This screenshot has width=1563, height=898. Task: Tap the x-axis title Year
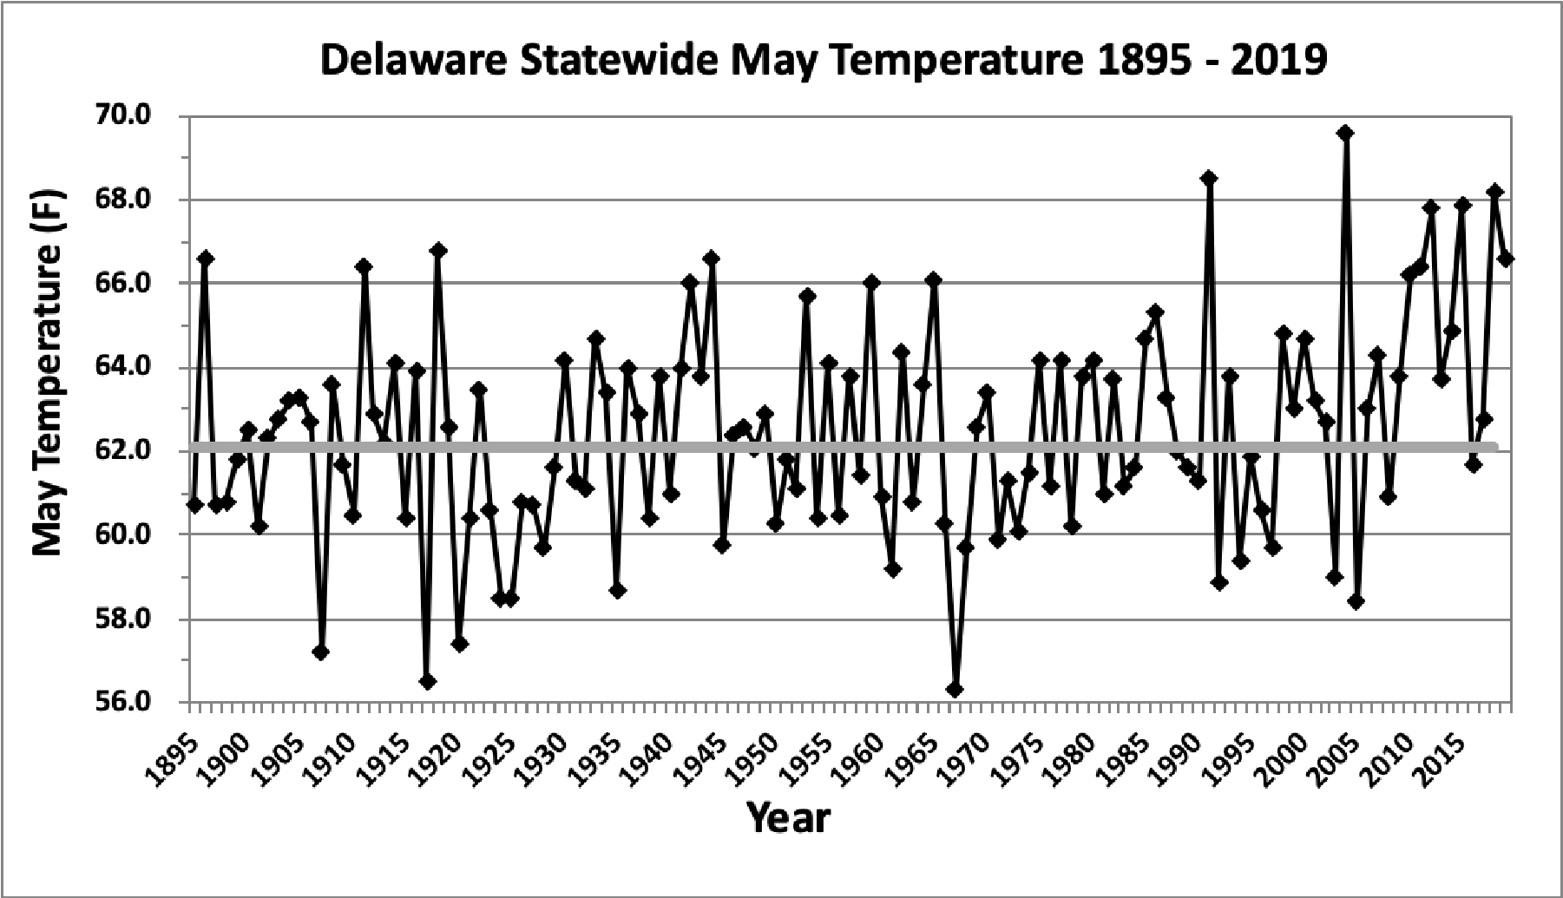tap(789, 817)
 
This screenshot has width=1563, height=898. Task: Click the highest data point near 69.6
tap(1345, 133)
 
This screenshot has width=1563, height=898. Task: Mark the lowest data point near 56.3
tap(955, 690)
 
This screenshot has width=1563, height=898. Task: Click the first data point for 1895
tap(194, 505)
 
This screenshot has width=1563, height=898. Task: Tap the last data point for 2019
tap(1506, 259)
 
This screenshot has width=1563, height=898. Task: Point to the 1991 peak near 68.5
tap(1209, 179)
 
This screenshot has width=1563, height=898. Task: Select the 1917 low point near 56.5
tap(427, 682)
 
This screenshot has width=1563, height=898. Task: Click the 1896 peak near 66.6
tap(206, 259)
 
